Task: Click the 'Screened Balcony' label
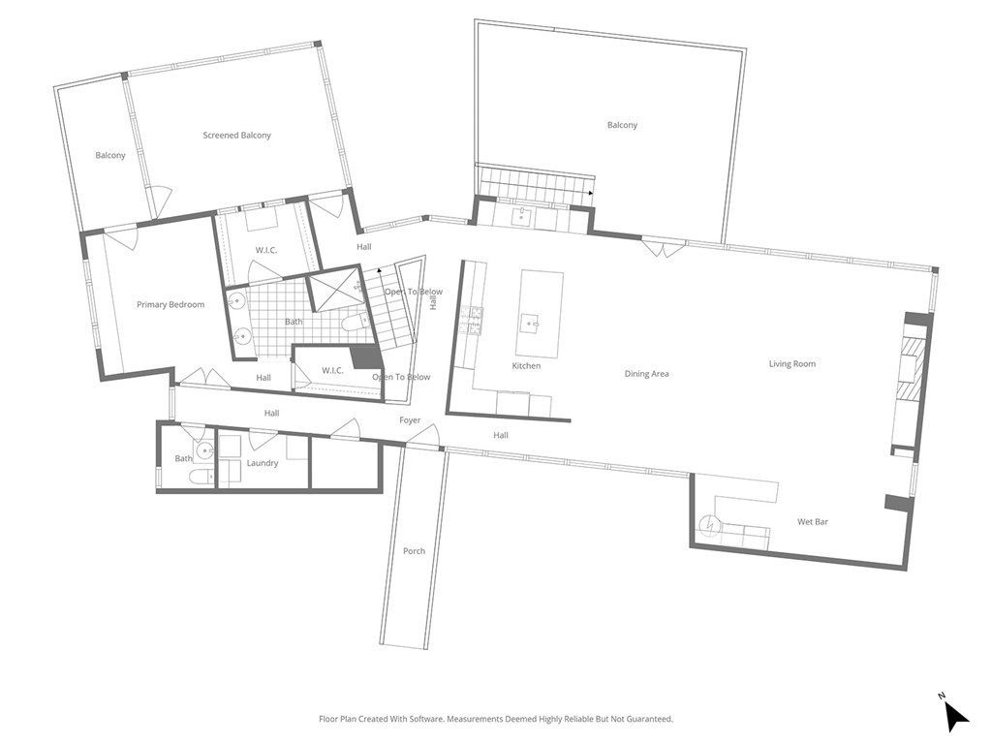[x=236, y=136]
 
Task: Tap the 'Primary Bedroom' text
[x=170, y=304]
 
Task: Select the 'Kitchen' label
[x=526, y=365]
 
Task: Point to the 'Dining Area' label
[x=646, y=374]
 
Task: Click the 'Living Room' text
[x=791, y=364]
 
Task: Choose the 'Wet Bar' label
[x=812, y=522]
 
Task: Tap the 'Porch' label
[x=414, y=551]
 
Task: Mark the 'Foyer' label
[x=410, y=420]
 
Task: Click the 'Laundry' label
[x=263, y=463]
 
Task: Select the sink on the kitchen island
[x=531, y=323]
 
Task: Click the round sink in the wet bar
[x=711, y=525]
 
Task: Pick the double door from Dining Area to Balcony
[x=664, y=248]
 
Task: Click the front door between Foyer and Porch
[x=423, y=442]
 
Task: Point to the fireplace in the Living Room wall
[x=912, y=368]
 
